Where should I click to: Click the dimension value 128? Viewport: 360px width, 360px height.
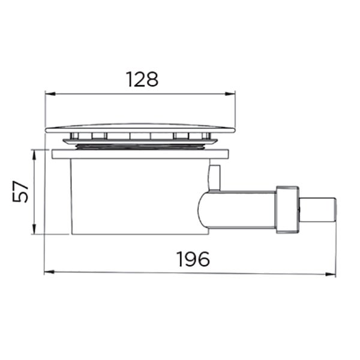(x=142, y=79)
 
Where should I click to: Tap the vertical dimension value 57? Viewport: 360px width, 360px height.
(x=21, y=192)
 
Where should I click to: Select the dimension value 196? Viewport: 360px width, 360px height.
(x=193, y=259)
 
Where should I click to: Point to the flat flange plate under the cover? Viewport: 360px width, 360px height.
(x=141, y=154)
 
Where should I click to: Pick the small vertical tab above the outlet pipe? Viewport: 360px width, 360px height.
(x=214, y=178)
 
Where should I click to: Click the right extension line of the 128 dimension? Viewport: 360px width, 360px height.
(x=235, y=111)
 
